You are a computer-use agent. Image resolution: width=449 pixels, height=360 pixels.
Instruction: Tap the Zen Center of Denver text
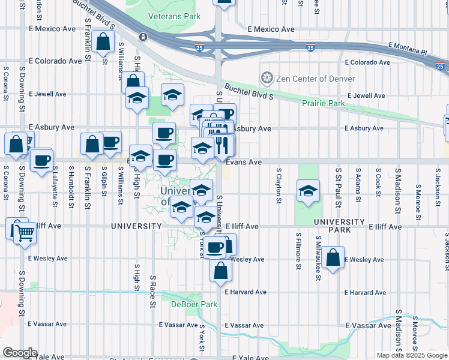pyautogui.click(x=315, y=79)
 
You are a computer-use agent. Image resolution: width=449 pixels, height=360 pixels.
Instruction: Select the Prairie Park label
pyautogui.click(x=324, y=104)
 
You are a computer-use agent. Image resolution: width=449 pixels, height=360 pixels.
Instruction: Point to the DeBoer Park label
pyautogui.click(x=194, y=304)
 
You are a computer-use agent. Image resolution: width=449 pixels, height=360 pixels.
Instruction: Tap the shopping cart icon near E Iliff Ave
pyautogui.click(x=25, y=233)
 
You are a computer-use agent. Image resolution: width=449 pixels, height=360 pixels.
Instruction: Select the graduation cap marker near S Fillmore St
pyautogui.click(x=307, y=191)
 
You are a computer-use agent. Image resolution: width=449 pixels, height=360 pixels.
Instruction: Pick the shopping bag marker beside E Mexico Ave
pyautogui.click(x=103, y=42)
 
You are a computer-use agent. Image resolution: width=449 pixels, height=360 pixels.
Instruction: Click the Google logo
pyautogui.click(x=20, y=353)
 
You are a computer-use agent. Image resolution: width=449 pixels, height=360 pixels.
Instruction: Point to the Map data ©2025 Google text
pyautogui.click(x=412, y=355)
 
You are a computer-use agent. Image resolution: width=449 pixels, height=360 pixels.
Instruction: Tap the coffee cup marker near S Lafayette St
pyautogui.click(x=41, y=161)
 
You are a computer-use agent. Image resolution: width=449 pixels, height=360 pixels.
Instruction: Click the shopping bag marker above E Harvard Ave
pyautogui.click(x=220, y=271)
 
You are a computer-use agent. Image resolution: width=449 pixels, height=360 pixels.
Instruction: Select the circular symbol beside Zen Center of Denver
pyautogui.click(x=266, y=78)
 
